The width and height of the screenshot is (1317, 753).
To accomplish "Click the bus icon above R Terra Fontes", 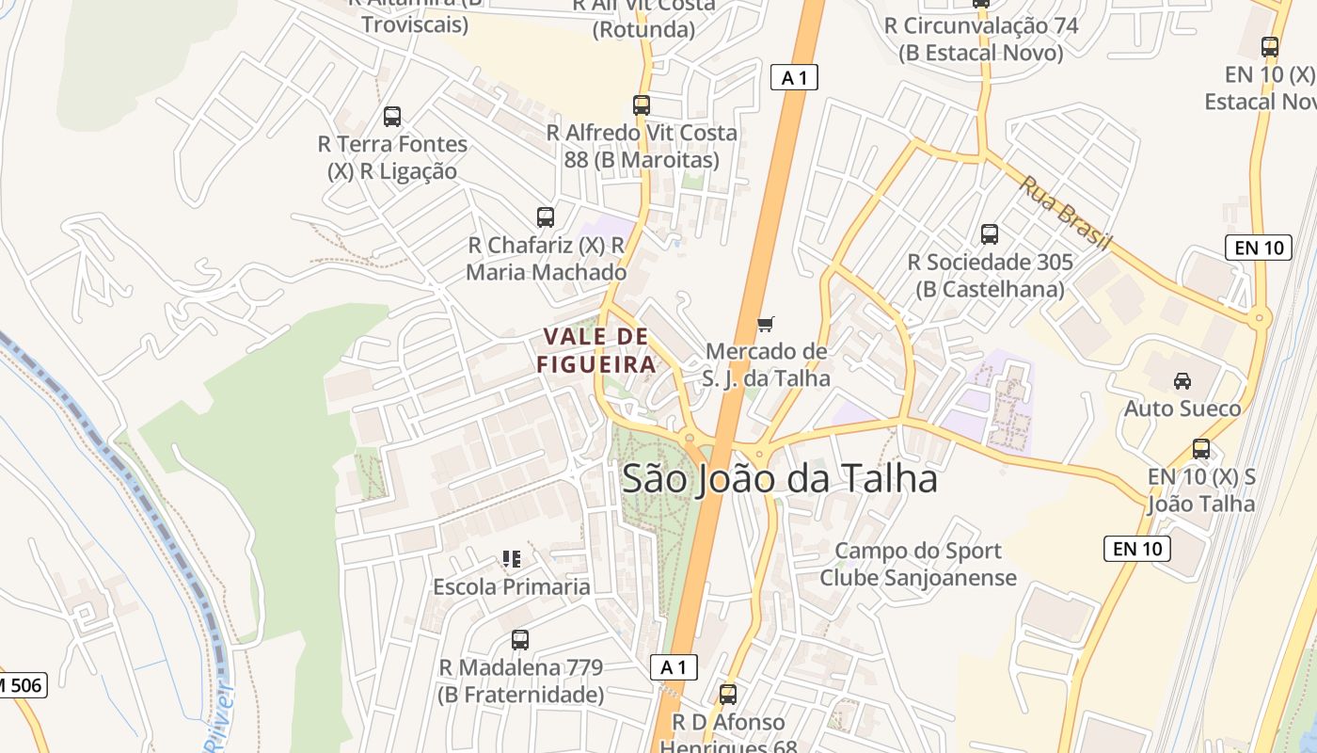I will tap(392, 117).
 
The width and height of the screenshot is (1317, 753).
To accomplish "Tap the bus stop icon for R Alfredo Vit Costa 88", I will tap(642, 105).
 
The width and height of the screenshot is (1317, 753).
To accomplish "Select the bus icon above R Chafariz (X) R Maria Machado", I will tap(546, 217).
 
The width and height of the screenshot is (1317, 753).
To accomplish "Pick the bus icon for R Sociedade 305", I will tap(989, 234).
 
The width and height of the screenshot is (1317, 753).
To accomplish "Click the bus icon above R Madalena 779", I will tap(520, 640).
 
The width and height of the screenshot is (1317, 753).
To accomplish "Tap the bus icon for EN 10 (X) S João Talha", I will tap(1201, 449).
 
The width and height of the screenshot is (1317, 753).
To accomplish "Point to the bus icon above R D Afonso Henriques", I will tap(727, 695).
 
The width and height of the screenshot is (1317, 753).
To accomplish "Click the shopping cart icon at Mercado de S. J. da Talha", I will tap(766, 325).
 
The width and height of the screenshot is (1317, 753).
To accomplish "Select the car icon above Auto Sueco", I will tap(1182, 381).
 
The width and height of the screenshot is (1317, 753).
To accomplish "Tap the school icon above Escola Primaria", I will tap(512, 559).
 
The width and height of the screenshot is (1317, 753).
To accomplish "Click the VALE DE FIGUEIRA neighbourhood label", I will tap(596, 350).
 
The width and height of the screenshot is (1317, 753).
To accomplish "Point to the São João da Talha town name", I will tap(780, 479).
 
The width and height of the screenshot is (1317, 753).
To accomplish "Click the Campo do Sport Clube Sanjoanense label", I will tap(918, 564).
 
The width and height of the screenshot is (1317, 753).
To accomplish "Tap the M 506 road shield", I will tap(21, 685).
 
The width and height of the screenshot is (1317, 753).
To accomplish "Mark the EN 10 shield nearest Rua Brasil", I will tap(1259, 248).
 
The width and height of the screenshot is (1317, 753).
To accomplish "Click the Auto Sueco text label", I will tap(1182, 409).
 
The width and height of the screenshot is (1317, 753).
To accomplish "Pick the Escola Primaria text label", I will tap(512, 586).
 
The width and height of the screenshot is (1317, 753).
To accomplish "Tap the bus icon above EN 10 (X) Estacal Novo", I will tap(1270, 46).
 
